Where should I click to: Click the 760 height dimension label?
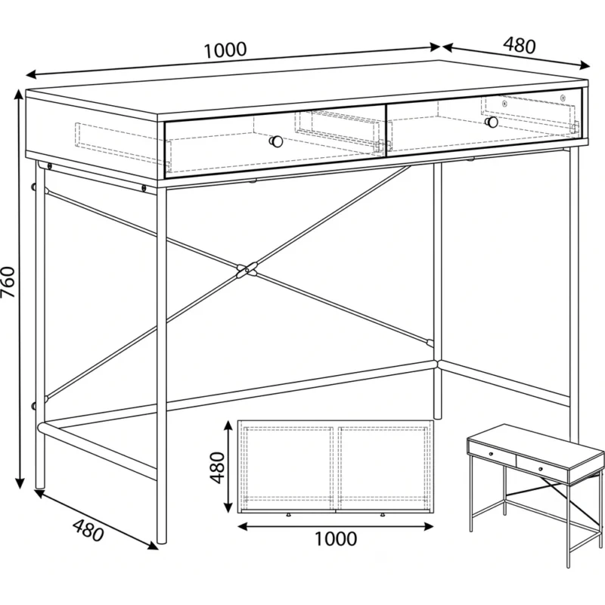(8, 282)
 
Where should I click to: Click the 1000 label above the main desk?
(225, 50)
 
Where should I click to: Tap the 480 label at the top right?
(520, 45)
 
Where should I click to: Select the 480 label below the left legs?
(88, 531)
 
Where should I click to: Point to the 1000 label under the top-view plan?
(336, 539)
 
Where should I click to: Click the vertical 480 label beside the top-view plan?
(217, 467)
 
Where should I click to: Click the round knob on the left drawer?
(276, 141)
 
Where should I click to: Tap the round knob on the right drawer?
(492, 122)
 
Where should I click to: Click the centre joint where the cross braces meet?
(247, 270)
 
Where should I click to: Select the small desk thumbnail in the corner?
(535, 495)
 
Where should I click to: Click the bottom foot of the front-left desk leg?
(162, 540)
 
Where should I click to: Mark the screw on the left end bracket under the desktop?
(49, 166)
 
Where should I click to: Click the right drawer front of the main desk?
(484, 123)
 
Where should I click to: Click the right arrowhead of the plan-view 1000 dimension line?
(428, 526)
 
